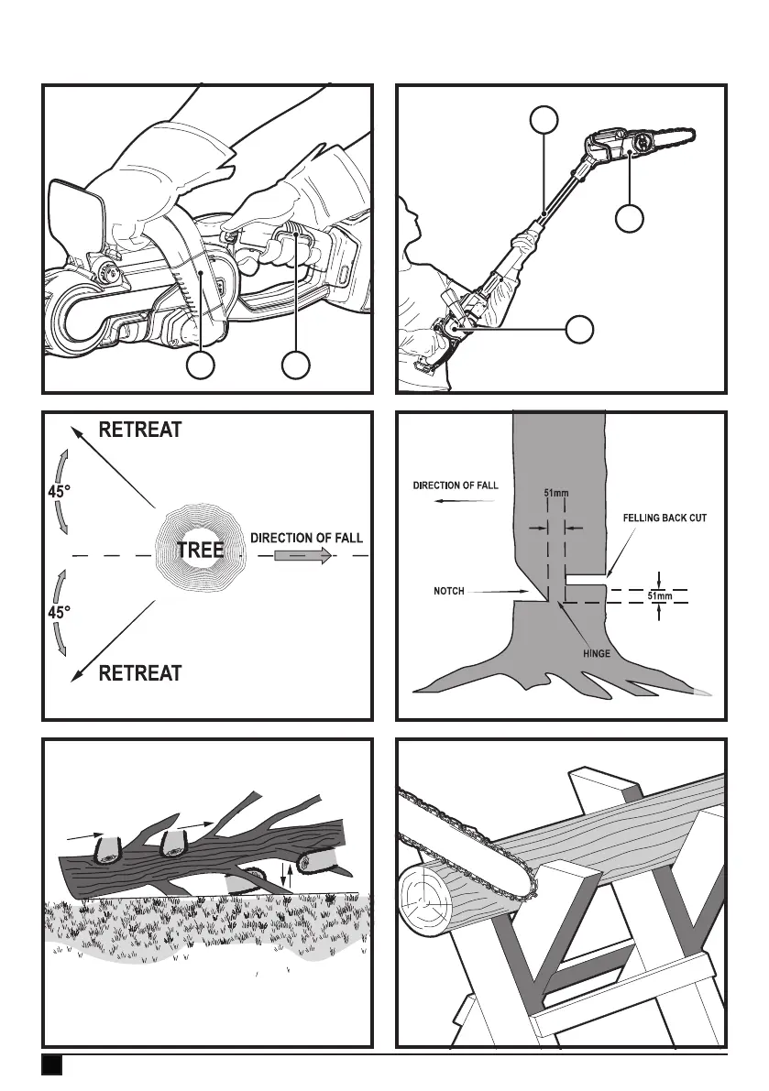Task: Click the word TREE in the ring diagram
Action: pyautogui.click(x=200, y=551)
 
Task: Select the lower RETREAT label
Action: pyautogui.click(x=139, y=674)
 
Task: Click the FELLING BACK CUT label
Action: pyautogui.click(x=665, y=518)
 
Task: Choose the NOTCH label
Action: pyautogui.click(x=452, y=593)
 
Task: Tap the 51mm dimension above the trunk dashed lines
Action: pyautogui.click(x=556, y=495)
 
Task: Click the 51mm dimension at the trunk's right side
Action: pyautogui.click(x=660, y=597)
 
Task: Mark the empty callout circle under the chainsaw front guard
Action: pyautogui.click(x=202, y=365)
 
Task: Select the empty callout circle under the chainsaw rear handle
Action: pyautogui.click(x=295, y=365)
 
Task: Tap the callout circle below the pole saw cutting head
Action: pyautogui.click(x=629, y=219)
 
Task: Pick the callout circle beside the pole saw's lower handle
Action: pyautogui.click(x=579, y=330)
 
